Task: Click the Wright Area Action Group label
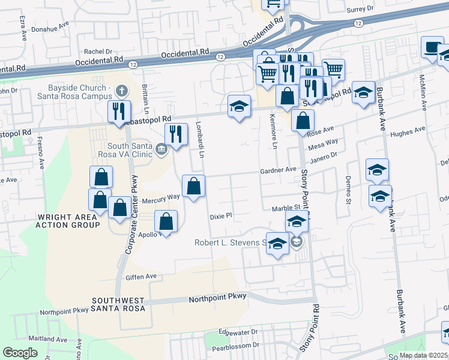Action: click(x=68, y=221)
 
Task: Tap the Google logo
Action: click(x=20, y=352)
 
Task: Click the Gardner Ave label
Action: click(x=278, y=170)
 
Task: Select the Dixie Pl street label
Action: click(x=220, y=215)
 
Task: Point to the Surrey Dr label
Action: click(x=360, y=10)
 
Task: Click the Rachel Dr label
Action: click(x=98, y=52)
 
